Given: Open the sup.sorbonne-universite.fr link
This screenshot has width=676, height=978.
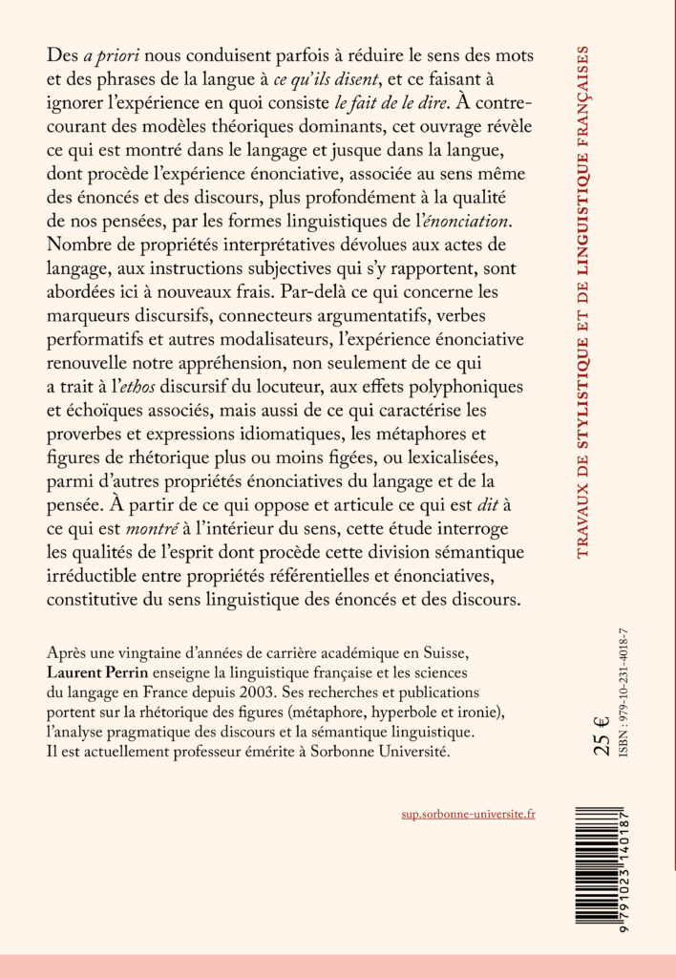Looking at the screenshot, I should [x=469, y=815].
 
